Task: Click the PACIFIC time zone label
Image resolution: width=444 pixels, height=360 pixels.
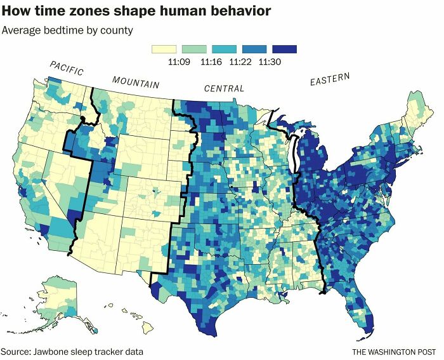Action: point(67,69)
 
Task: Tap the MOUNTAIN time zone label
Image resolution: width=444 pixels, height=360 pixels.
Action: point(136,83)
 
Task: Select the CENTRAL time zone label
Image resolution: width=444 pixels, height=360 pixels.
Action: point(223,88)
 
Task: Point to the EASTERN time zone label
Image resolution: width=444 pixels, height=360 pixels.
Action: point(329,80)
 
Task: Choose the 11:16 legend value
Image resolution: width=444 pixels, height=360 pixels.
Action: point(211,61)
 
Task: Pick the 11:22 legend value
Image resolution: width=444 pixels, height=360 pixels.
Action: point(241,61)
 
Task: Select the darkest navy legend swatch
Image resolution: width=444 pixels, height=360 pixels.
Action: point(285,49)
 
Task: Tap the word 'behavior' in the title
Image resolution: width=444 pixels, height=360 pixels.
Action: point(240,11)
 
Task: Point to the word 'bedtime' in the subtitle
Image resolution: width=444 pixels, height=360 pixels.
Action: point(61,30)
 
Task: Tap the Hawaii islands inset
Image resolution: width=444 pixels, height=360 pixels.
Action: point(137,320)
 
